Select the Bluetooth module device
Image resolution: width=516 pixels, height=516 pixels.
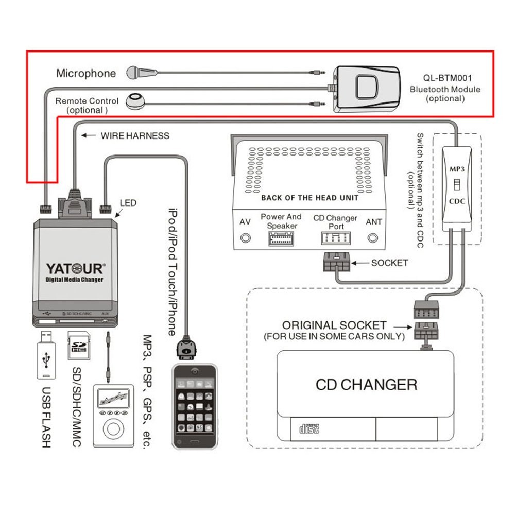[x=366, y=88]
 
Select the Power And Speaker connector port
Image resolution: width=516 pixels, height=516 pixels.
[x=281, y=238]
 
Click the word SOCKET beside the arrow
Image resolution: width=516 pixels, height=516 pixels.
[x=389, y=263]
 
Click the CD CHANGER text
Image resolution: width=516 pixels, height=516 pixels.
[x=366, y=384]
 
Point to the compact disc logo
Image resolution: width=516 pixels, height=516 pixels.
[x=309, y=427]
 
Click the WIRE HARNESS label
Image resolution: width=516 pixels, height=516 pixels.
[x=135, y=136]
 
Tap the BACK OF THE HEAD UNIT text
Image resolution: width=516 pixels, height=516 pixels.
[x=309, y=197]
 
